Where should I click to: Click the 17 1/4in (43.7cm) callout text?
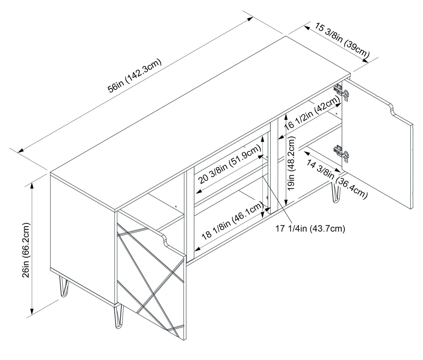pos(310,229)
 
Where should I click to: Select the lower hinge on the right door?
pos(341,152)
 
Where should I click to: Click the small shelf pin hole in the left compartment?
pos(176,206)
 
